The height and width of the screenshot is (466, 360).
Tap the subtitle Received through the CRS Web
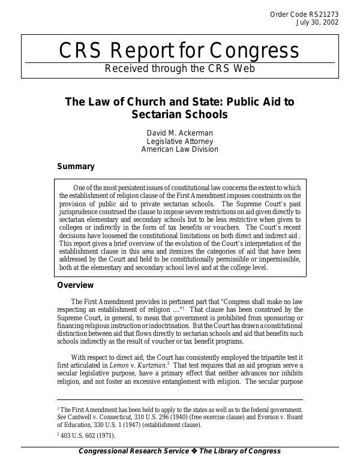(180, 68)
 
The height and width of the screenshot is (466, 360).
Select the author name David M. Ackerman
(180, 132)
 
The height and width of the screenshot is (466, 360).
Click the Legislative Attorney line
(180, 141)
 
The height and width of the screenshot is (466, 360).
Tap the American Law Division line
(180, 149)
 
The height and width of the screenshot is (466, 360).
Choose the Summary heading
(76, 166)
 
